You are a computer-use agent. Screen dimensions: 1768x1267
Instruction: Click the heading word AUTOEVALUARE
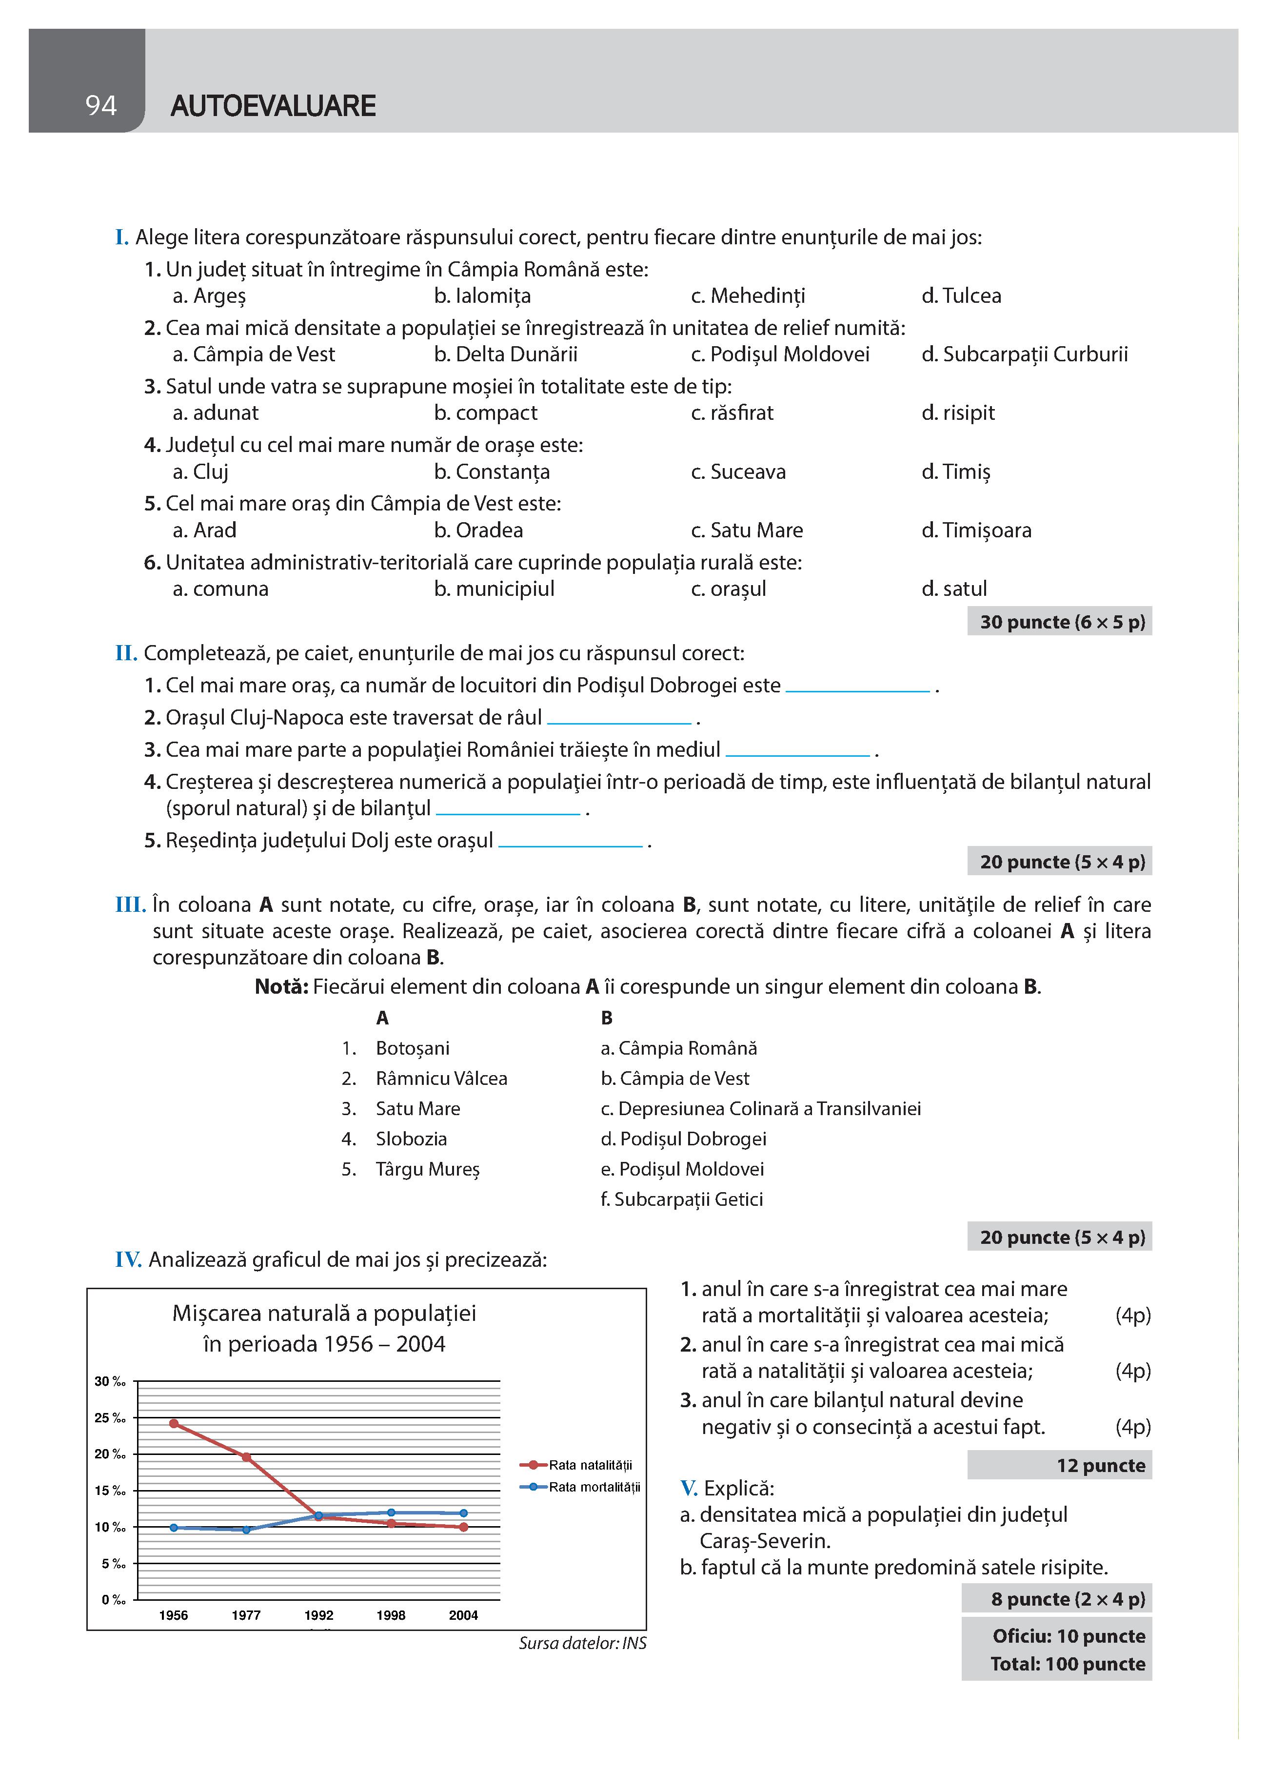coord(273,106)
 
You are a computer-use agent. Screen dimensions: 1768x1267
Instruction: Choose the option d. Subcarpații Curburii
coord(1024,354)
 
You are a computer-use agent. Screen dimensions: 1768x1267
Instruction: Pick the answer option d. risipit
coord(957,413)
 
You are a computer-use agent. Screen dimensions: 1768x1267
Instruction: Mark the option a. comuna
coord(220,589)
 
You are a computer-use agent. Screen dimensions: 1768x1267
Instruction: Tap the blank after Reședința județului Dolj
coord(570,843)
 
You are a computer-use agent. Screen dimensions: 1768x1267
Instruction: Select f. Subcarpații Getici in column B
coord(681,1199)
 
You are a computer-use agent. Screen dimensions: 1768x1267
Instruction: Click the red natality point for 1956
coord(174,1423)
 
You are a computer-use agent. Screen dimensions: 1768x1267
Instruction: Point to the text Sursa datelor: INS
coord(582,1643)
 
